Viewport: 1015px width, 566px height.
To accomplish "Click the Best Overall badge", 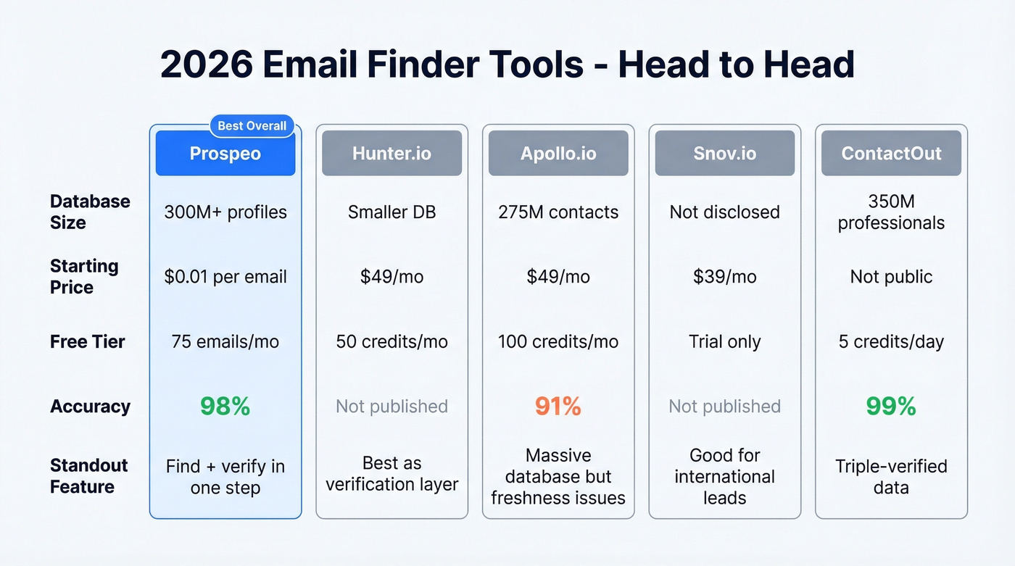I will [252, 126].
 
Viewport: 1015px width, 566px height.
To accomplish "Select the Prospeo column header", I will [225, 153].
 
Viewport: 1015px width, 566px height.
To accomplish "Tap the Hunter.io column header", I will [391, 153].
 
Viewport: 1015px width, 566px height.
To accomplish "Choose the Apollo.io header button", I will [558, 153].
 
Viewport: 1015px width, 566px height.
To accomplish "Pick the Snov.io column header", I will [724, 153].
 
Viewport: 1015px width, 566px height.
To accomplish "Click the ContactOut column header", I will [891, 153].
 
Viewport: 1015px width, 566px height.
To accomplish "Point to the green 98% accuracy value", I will [225, 407].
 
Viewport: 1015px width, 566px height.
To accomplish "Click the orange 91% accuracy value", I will [558, 407].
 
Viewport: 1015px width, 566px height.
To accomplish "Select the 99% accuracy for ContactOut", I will [891, 407].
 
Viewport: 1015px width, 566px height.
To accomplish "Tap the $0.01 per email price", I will [225, 277].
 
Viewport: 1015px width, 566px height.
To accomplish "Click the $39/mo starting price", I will [724, 277].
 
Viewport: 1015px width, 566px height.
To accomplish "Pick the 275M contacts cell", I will [558, 212].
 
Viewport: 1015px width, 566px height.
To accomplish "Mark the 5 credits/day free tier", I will [891, 342].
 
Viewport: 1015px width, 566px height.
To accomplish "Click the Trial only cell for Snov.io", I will [724, 342].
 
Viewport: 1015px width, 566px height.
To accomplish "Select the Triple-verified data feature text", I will [891, 476].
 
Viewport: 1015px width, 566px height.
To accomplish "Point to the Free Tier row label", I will [88, 342].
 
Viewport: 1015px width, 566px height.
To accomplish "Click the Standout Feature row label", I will [89, 476].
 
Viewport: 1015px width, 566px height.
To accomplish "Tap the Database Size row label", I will [90, 212].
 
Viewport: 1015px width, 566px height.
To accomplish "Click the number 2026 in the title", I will [207, 64].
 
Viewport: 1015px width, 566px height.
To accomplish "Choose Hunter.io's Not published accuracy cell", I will [391, 407].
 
